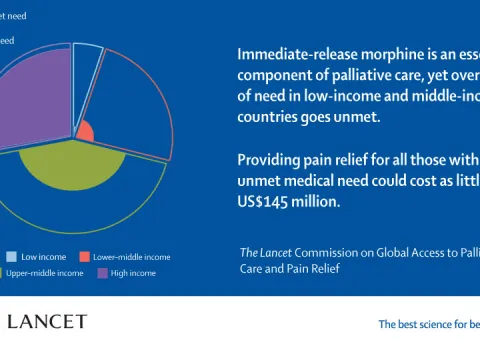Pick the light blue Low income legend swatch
10,257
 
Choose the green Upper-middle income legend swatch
10,273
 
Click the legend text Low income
43,257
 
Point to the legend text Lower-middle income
132,257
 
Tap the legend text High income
133,273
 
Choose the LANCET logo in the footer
46,322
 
